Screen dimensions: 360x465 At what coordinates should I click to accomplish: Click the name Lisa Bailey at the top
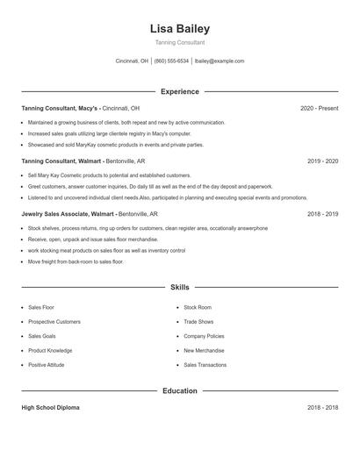180,28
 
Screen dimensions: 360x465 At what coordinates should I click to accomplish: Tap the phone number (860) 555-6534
171,61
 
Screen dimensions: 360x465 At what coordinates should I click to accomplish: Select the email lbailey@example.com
220,61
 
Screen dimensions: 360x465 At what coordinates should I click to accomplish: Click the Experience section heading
180,91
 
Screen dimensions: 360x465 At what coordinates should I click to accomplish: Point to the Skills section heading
180,287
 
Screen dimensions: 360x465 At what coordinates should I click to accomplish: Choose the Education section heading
180,390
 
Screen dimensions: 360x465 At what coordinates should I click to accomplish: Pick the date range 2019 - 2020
323,161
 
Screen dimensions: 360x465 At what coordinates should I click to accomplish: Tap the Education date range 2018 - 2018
323,408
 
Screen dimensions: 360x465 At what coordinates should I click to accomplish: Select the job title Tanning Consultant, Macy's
60,108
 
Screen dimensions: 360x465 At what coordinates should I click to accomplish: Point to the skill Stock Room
198,308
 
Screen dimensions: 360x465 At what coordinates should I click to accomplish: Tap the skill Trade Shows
198,322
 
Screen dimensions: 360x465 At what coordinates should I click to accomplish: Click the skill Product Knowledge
50,350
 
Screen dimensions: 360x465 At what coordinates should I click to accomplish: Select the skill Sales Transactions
205,364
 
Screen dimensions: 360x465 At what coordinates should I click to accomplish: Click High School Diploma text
52,408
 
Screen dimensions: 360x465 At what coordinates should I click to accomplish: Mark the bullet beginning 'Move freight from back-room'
76,261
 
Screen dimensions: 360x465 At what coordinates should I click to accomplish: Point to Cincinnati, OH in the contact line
132,61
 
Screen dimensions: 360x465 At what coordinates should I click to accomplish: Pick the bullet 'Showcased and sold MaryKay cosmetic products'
115,145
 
